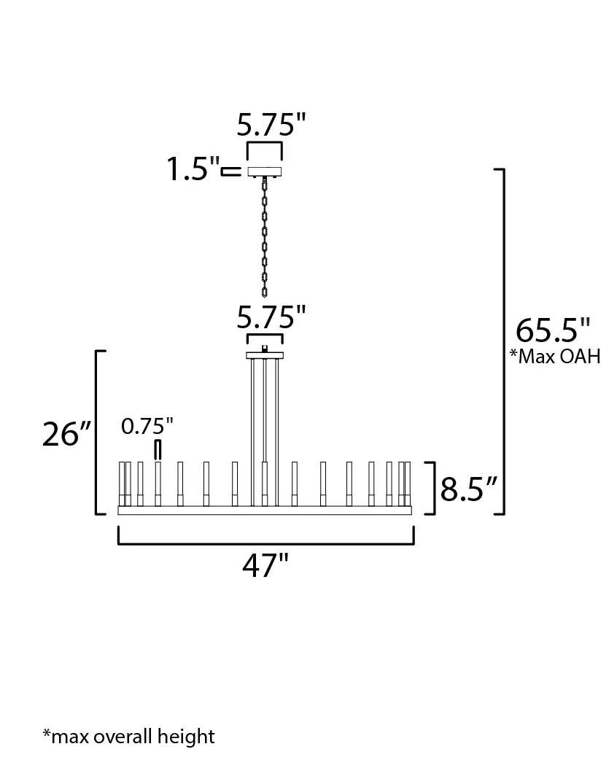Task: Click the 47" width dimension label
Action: coord(265,565)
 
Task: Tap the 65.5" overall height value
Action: coord(553,331)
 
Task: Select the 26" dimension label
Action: coord(66,434)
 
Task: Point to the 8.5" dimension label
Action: coord(468,489)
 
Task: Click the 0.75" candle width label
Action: coord(147,427)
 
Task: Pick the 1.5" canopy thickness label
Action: coord(193,169)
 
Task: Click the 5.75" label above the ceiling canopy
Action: coord(271,124)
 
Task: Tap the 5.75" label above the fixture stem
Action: coord(271,317)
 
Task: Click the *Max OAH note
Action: coord(555,356)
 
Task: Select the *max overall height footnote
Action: coord(128,736)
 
